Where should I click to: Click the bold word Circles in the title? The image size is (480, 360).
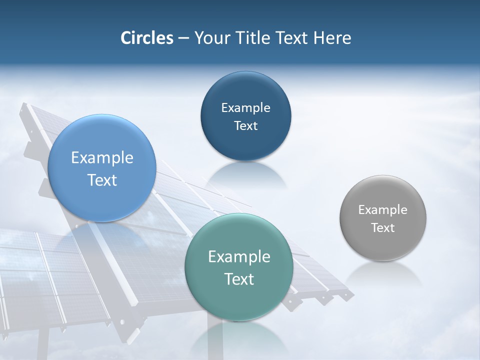coord(146,38)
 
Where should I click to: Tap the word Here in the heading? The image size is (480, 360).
coord(332,38)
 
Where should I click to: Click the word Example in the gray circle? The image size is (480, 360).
coord(382,209)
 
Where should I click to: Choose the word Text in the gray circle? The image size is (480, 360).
coord(382,228)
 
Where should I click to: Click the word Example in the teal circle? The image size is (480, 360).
coord(239,256)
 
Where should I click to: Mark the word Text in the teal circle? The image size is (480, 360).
coord(239,279)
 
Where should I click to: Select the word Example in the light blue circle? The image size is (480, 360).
coord(102,157)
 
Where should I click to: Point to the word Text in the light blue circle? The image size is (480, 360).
coord(102,180)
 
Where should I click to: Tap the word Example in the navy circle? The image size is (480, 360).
coord(245,107)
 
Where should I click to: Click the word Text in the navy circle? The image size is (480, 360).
coord(245,125)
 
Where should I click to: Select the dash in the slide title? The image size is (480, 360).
coord(183,38)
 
